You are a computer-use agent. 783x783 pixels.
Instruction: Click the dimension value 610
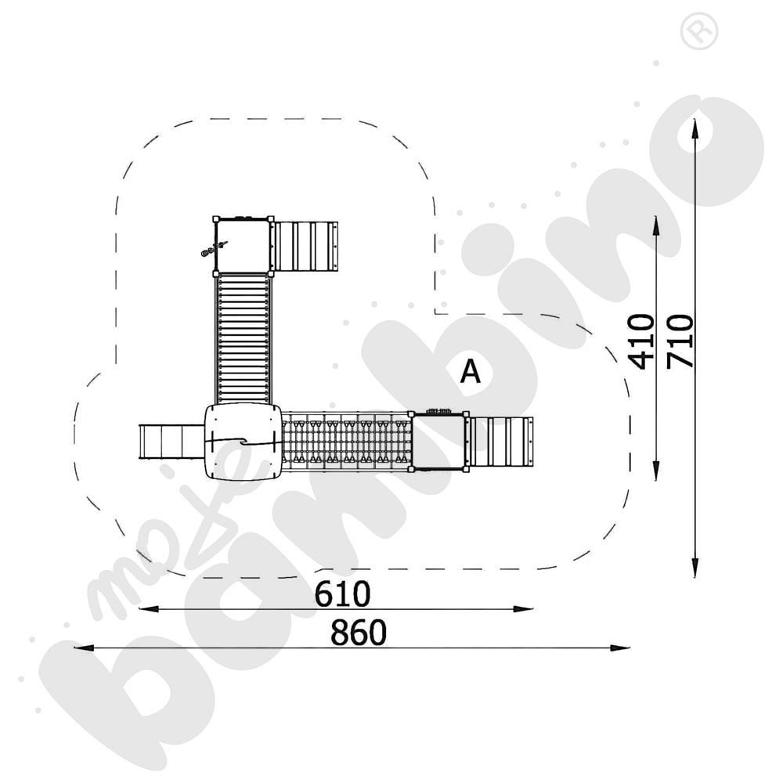343,594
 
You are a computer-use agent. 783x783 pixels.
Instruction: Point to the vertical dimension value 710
680,341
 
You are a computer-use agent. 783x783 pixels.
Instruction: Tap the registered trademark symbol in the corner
699,31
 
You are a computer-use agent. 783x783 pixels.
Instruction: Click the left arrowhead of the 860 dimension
84,648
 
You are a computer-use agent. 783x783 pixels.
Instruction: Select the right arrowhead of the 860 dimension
619,648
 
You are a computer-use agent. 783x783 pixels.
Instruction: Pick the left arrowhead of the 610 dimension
149,608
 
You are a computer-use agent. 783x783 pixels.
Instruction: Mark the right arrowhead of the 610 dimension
523,608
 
